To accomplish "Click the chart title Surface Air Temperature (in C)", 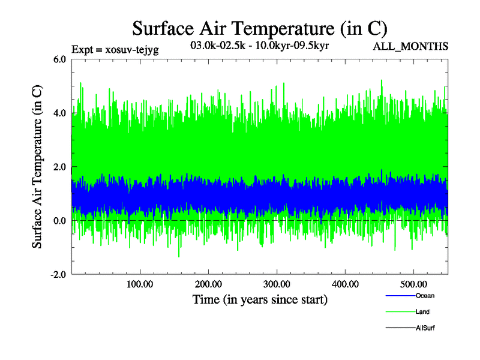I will (260, 28).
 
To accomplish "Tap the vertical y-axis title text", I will (37, 167).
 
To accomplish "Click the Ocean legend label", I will (425, 296).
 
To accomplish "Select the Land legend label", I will (422, 312).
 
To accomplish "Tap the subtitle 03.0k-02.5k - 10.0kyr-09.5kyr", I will (259, 46).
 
